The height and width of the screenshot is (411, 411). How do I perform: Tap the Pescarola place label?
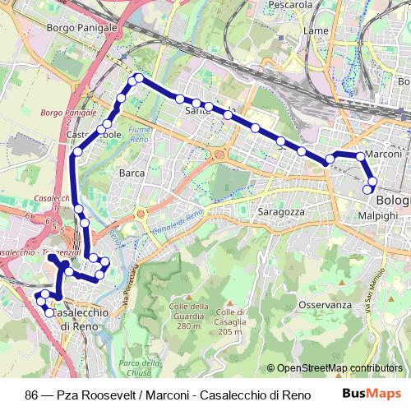(x=287, y=5)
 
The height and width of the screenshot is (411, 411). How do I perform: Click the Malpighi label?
(x=378, y=215)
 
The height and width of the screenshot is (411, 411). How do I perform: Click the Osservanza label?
(x=326, y=304)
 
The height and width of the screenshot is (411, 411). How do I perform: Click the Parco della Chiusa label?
(x=138, y=367)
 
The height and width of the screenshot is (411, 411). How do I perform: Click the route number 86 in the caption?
(x=31, y=394)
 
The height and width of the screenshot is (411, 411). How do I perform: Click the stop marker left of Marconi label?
(x=360, y=155)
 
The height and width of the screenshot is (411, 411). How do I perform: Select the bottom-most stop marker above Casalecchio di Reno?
(x=49, y=313)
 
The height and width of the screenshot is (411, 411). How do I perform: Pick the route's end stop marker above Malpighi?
(x=367, y=191)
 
